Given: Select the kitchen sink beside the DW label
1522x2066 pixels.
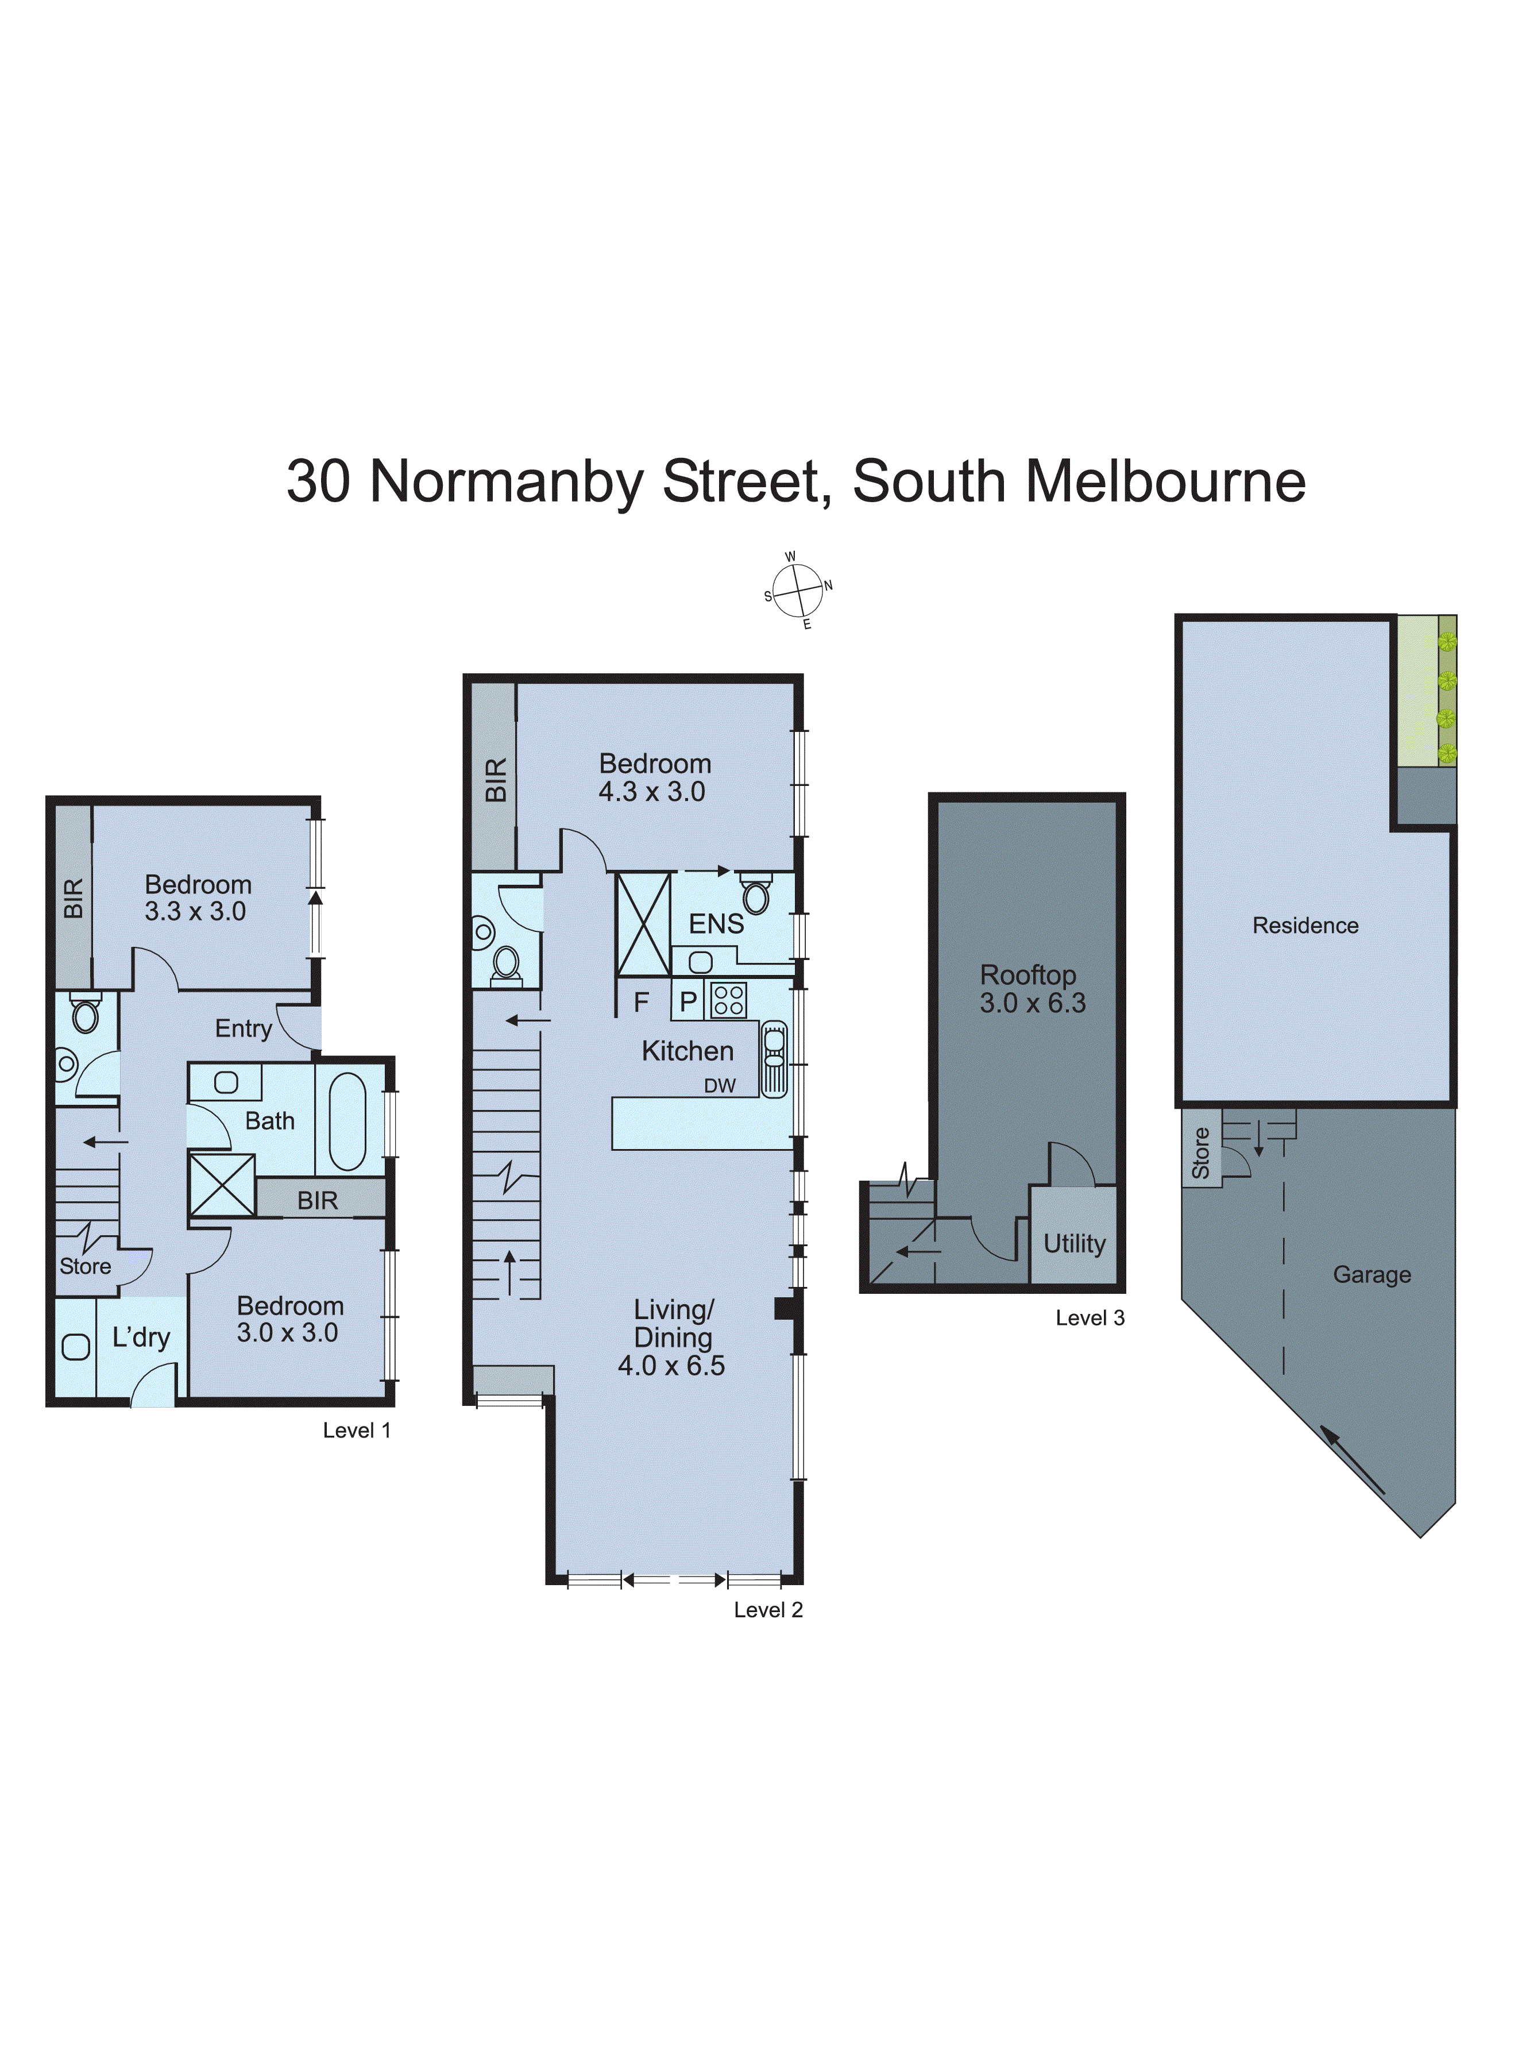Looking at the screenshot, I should coord(774,1059).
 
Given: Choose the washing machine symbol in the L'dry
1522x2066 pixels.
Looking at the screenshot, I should coord(75,1347).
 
